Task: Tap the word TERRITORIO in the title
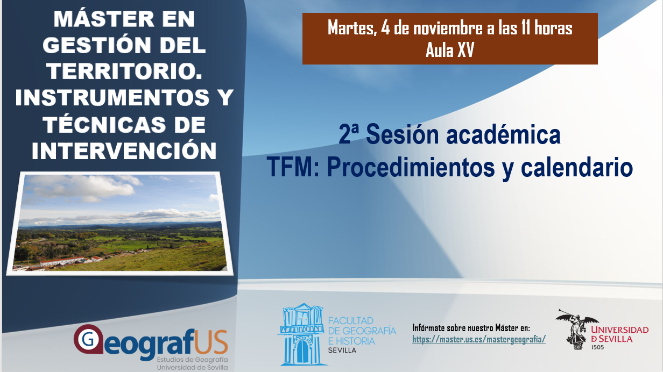(124, 71)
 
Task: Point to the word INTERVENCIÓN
(124, 151)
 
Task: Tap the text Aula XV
(449, 51)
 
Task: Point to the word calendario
(576, 168)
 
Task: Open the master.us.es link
(479, 339)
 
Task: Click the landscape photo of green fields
(120, 223)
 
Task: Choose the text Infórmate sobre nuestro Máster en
(471, 328)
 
